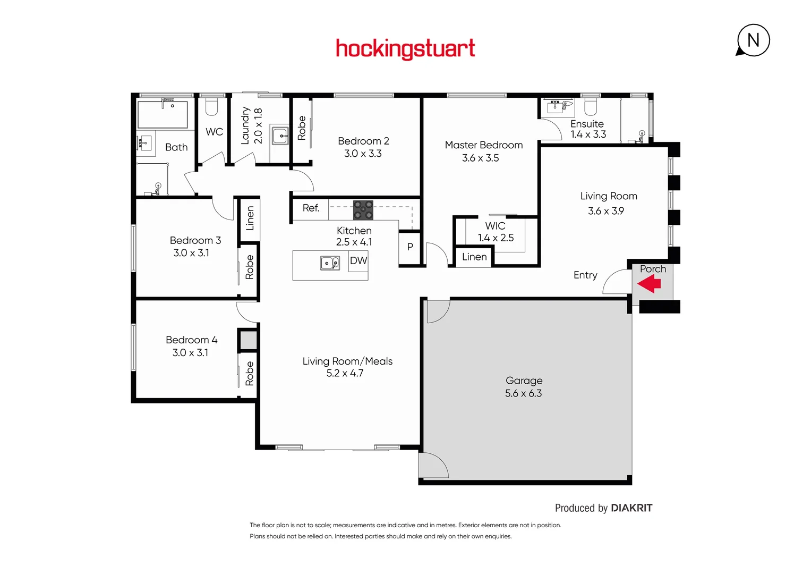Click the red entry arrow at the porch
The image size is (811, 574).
[x=649, y=284]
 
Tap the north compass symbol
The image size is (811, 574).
[x=753, y=40]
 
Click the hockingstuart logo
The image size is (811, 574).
[x=405, y=49]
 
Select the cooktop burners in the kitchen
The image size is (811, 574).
[x=363, y=210]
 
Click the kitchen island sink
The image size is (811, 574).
[x=330, y=263]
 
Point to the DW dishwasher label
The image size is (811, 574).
[x=358, y=260]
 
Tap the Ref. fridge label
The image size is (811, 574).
[x=311, y=208]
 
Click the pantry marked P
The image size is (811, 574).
[x=410, y=247]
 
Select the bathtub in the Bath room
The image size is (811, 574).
[x=163, y=114]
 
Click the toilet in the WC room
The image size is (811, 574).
[x=212, y=107]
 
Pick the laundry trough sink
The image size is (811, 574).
[x=280, y=136]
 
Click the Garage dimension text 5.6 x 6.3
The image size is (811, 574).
[x=523, y=393]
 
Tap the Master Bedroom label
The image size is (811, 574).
[x=483, y=145]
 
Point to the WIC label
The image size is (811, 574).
[x=495, y=226]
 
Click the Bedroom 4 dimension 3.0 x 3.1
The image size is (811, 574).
[x=190, y=352]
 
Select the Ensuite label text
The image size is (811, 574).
[x=587, y=124]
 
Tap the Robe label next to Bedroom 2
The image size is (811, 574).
[x=302, y=128]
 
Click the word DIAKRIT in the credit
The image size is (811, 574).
[x=631, y=508]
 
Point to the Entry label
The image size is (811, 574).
[x=585, y=275]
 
